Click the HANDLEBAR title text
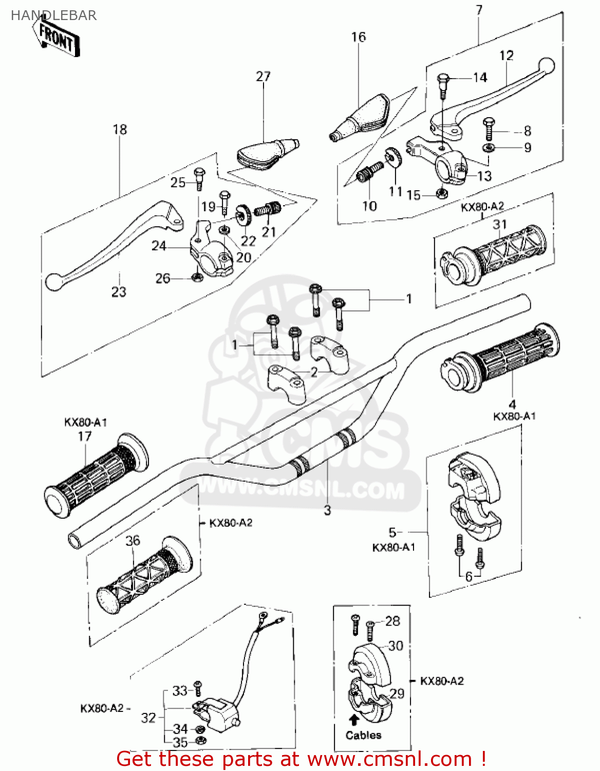coord(53,15)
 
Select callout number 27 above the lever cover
coord(263,77)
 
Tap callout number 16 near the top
coord(358,37)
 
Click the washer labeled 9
coord(489,148)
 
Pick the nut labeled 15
coord(441,193)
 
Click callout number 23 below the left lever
coord(119,291)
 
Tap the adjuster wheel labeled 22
coord(242,214)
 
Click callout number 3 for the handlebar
coord(327,510)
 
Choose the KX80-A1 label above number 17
coord(85,422)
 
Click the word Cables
coord(363,735)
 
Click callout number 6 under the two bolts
coord(468,576)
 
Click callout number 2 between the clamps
coord(313,372)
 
